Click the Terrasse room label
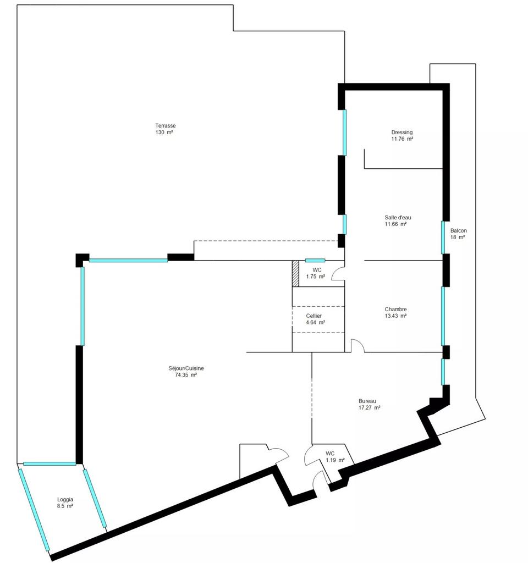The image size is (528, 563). pyautogui.click(x=165, y=126)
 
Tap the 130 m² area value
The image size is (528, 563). pyautogui.click(x=164, y=132)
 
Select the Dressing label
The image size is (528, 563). pyautogui.click(x=402, y=133)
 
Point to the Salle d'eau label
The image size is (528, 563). pyautogui.click(x=398, y=217)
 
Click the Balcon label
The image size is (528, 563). pyautogui.click(x=458, y=230)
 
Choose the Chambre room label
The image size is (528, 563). pyautogui.click(x=395, y=309)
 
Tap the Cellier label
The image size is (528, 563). pyautogui.click(x=313, y=316)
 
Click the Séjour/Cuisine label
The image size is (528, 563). pyautogui.click(x=186, y=368)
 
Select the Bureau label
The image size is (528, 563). pyautogui.click(x=367, y=401)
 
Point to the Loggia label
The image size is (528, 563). pyautogui.click(x=65, y=499)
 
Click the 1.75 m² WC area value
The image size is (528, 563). pyautogui.click(x=315, y=277)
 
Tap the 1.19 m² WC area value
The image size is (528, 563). pyautogui.click(x=335, y=460)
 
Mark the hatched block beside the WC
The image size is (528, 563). pyautogui.click(x=295, y=274)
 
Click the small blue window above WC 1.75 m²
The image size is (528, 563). pyautogui.click(x=315, y=260)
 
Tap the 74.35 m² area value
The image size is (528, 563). pyautogui.click(x=186, y=375)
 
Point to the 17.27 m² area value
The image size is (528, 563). pyautogui.click(x=369, y=407)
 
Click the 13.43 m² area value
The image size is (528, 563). pyautogui.click(x=395, y=316)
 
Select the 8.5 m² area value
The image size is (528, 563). pyautogui.click(x=65, y=506)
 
